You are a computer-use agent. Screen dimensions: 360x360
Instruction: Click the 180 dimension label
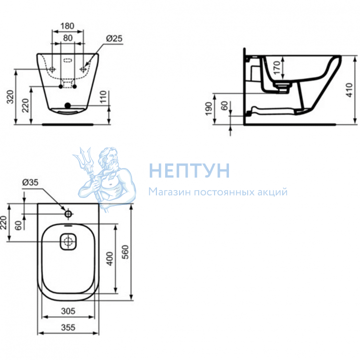(67, 26)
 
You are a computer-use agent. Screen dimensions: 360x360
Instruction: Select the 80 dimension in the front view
(68, 38)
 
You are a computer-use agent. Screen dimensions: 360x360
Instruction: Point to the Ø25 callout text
(114, 38)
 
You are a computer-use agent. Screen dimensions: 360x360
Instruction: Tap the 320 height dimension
(11, 97)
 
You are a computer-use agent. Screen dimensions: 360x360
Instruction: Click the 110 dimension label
(104, 97)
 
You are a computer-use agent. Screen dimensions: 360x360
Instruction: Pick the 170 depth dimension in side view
(277, 68)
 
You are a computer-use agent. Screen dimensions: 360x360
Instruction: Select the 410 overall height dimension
(349, 90)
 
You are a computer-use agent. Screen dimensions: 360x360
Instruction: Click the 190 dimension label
(208, 109)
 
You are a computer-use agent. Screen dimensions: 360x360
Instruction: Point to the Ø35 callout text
(30, 182)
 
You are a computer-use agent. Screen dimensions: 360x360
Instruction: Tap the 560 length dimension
(125, 252)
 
